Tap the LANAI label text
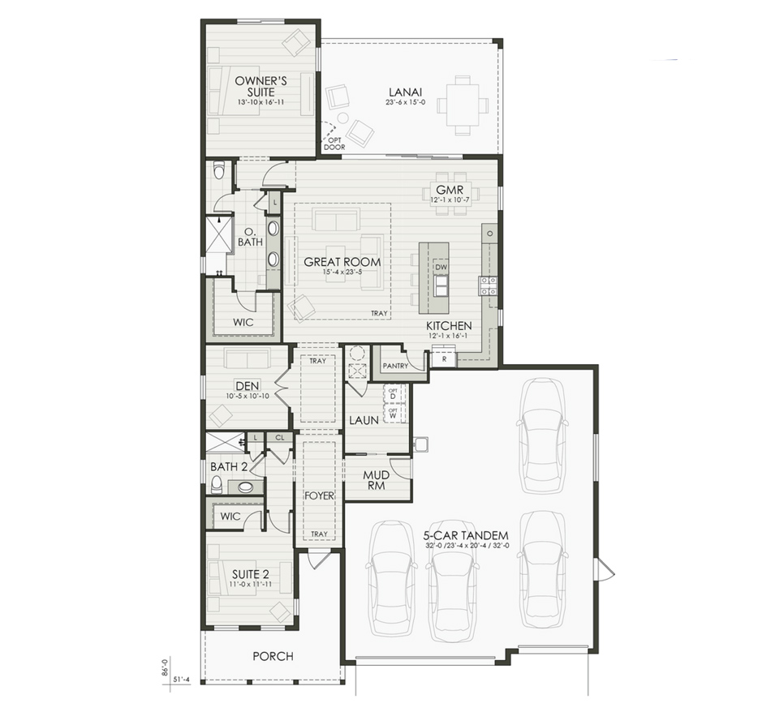tap(403, 92)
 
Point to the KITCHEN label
tap(450, 326)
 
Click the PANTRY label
tap(395, 367)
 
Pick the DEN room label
tap(246, 385)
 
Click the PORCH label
tap(273, 656)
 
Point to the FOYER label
tap(319, 495)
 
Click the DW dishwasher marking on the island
tap(441, 267)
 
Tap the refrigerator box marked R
tap(444, 358)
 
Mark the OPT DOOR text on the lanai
tap(334, 143)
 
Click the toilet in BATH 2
tap(216, 485)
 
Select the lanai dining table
tap(463, 105)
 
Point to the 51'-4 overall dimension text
tap(182, 680)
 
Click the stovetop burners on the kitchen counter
tap(488, 285)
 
